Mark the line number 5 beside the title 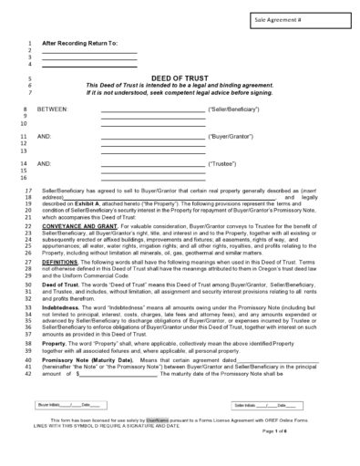click(29, 79)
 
